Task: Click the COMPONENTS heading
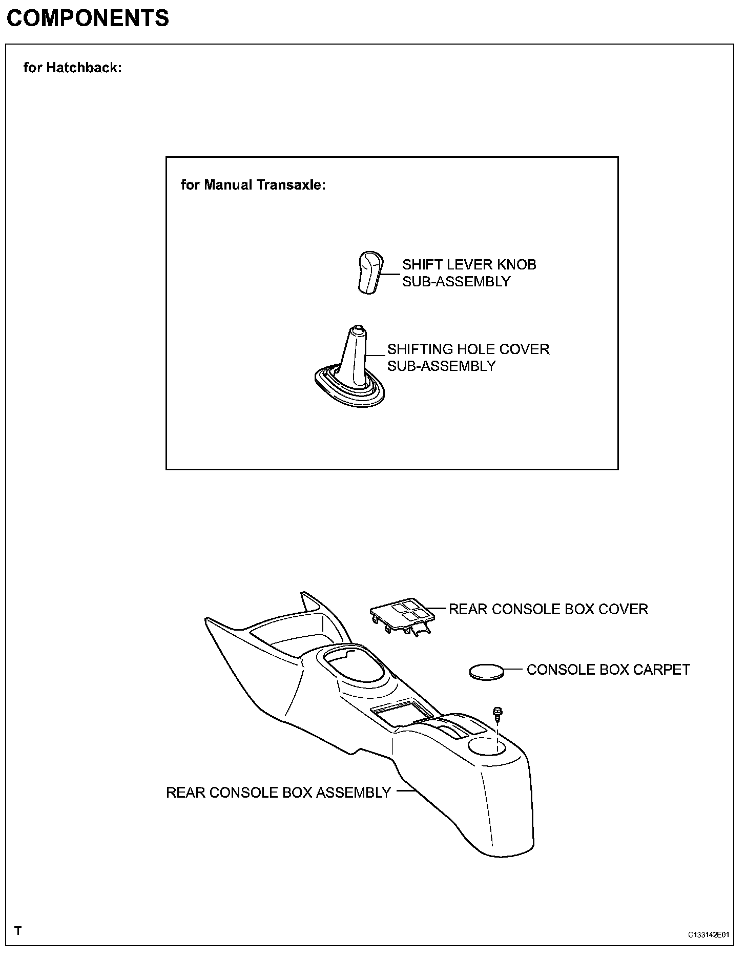pyautogui.click(x=88, y=19)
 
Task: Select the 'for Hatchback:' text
pyautogui.click(x=73, y=68)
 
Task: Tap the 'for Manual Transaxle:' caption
pyautogui.click(x=253, y=185)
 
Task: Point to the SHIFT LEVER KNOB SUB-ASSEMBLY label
pyautogui.click(x=469, y=273)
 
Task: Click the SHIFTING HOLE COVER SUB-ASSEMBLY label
pyautogui.click(x=468, y=358)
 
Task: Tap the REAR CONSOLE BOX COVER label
pyautogui.click(x=548, y=609)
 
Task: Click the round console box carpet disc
pyautogui.click(x=487, y=672)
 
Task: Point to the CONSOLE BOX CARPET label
pyautogui.click(x=608, y=670)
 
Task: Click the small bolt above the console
pyautogui.click(x=497, y=713)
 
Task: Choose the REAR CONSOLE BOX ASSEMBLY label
pyautogui.click(x=278, y=793)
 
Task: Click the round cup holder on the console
pyautogui.click(x=488, y=747)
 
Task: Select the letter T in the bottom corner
pyautogui.click(x=18, y=930)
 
